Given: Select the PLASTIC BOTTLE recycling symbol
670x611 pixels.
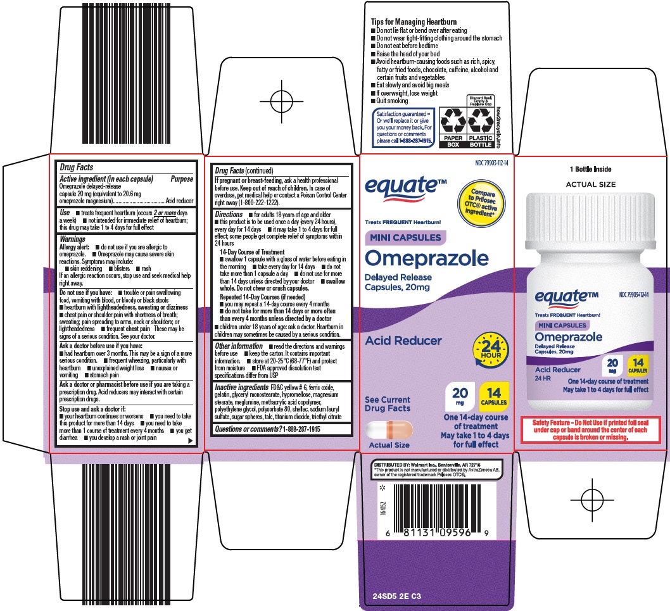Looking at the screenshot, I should coord(480,125).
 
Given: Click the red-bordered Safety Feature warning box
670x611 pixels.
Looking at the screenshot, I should coord(590,429).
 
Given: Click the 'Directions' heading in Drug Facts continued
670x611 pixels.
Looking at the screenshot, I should coord(229,215).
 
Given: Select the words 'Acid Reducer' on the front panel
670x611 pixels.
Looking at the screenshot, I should coord(403,341).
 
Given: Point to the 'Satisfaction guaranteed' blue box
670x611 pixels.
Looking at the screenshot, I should coord(405,127).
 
